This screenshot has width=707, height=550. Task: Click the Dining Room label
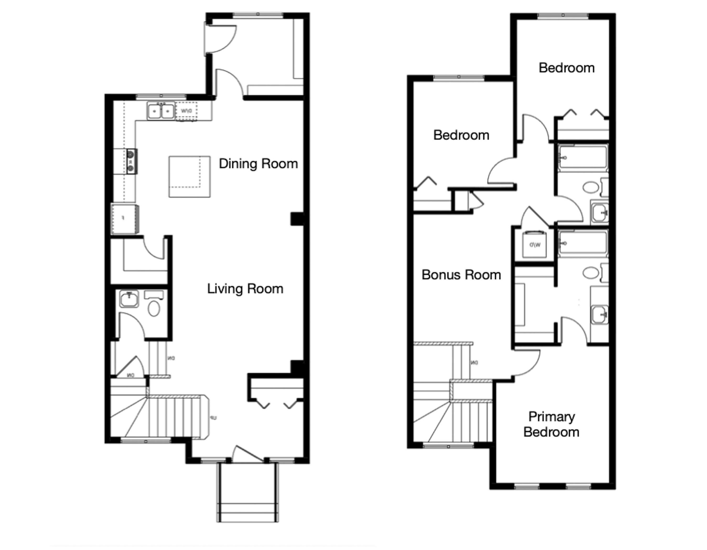(258, 164)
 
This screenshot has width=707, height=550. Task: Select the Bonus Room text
(461, 275)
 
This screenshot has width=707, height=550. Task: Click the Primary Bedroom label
(551, 424)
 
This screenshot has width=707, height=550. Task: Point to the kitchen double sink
(161, 111)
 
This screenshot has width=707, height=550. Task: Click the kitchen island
(189, 177)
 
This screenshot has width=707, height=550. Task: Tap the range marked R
(131, 161)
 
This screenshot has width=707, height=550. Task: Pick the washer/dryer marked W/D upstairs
(534, 245)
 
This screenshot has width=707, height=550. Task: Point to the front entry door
(248, 455)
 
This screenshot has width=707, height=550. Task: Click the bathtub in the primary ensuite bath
(583, 243)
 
